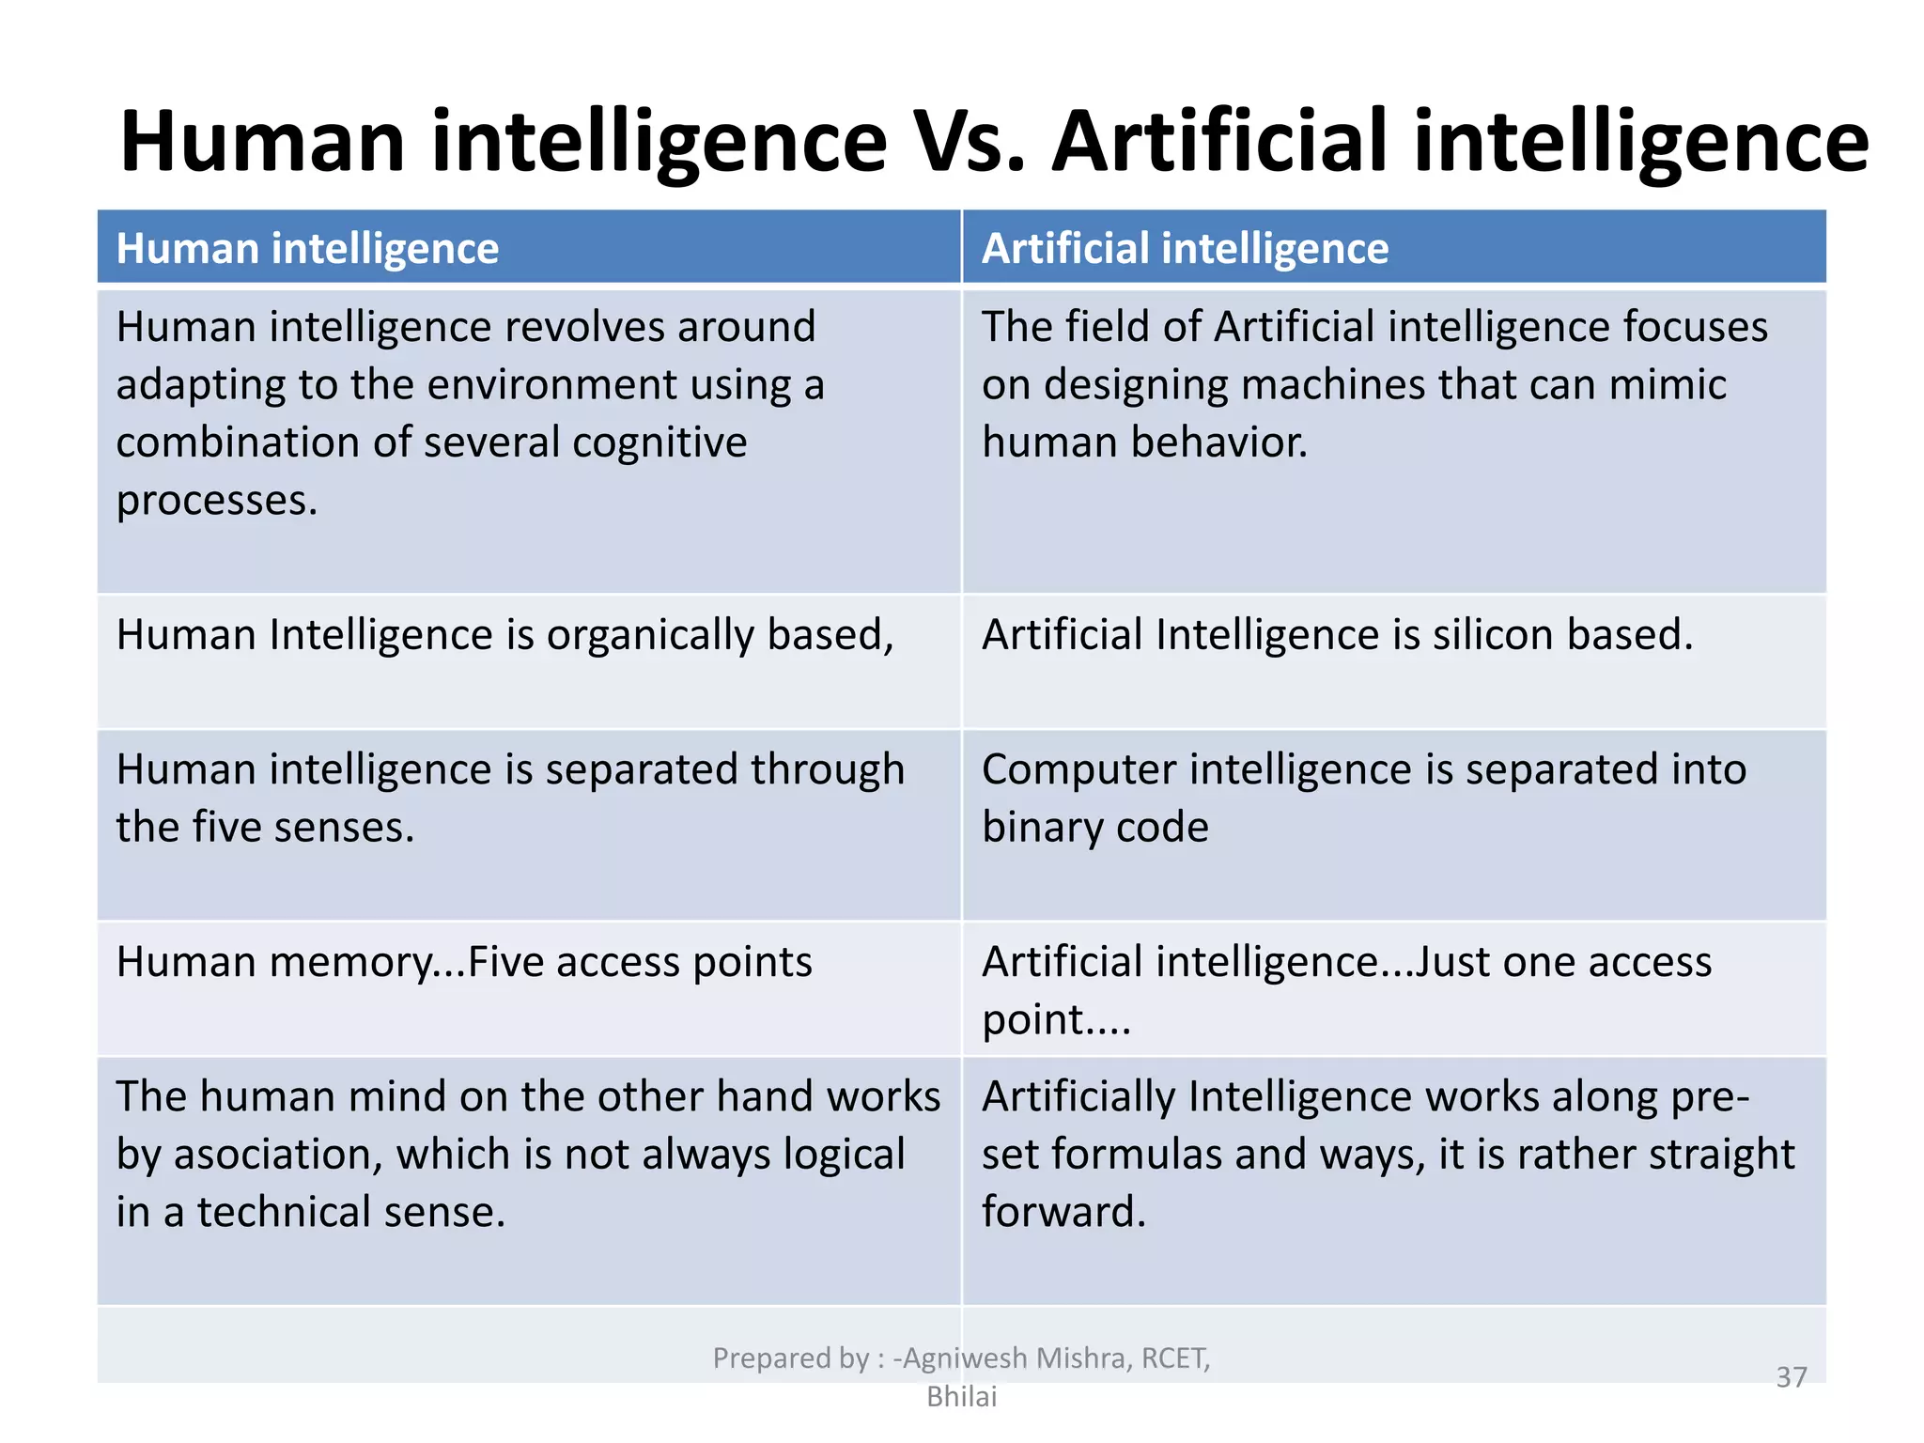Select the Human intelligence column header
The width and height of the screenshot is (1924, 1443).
(307, 249)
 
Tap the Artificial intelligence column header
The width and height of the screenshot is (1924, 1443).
(1185, 249)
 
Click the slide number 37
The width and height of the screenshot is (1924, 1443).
(1791, 1377)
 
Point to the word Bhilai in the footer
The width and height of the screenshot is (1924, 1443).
(961, 1397)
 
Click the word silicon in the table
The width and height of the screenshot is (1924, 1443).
(1492, 635)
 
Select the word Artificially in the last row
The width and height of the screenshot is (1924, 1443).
(1077, 1097)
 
